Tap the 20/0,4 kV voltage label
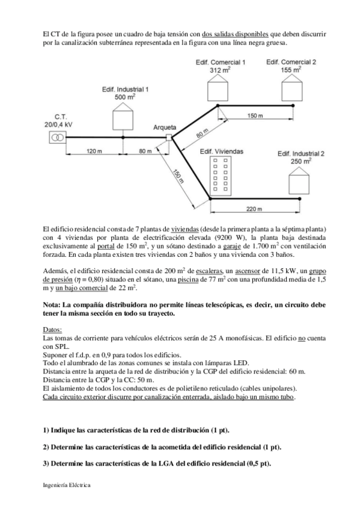point(58,124)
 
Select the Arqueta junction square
point(168,138)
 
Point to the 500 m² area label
point(124,96)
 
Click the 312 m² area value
point(220,70)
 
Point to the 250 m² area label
point(301,161)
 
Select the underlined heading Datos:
point(53,330)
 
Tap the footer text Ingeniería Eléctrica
point(68,485)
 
